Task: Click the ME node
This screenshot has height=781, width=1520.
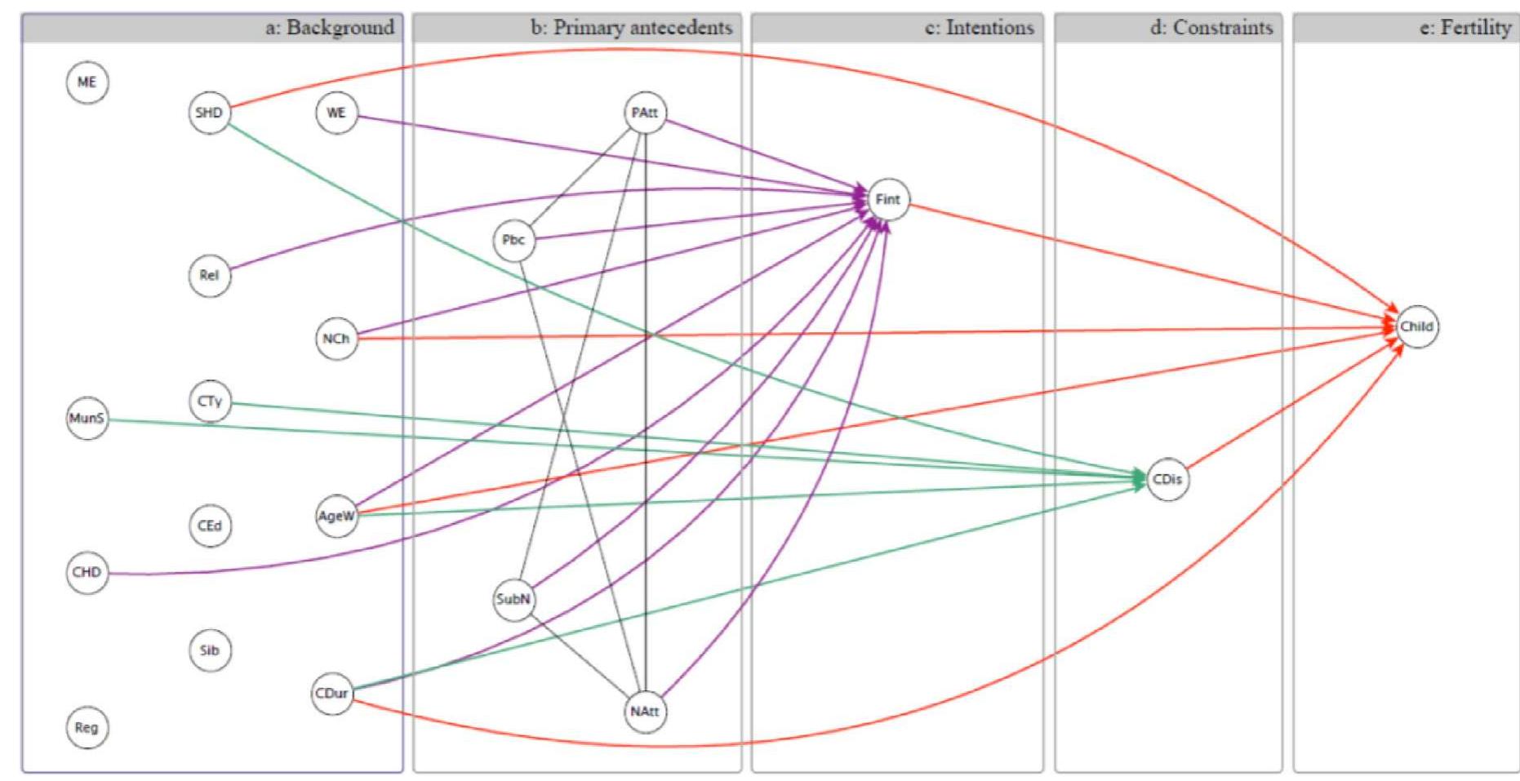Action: pyautogui.click(x=87, y=82)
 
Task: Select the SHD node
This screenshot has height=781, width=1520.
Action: pyautogui.click(x=209, y=113)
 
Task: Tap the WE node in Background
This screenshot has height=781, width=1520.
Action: pyautogui.click(x=336, y=113)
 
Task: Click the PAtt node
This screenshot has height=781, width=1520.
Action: pyautogui.click(x=645, y=113)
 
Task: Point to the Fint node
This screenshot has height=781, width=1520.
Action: pyautogui.click(x=887, y=199)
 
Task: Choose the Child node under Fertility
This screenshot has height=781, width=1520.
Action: pyautogui.click(x=1416, y=326)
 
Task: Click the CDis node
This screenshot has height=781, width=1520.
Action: pyautogui.click(x=1167, y=479)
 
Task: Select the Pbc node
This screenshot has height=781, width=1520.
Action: pyautogui.click(x=513, y=240)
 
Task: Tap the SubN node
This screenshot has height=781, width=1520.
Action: pyautogui.click(x=513, y=599)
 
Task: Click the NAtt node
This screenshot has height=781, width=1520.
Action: pyautogui.click(x=645, y=711)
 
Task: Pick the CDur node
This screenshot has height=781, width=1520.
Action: pyautogui.click(x=332, y=693)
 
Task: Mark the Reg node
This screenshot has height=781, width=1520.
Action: pyautogui.click(x=87, y=727)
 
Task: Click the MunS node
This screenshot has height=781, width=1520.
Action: pyautogui.click(x=87, y=418)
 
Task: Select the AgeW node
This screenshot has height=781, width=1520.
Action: pyautogui.click(x=336, y=516)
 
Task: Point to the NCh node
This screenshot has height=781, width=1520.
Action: pyautogui.click(x=336, y=338)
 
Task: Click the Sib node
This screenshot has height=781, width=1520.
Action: pyautogui.click(x=209, y=650)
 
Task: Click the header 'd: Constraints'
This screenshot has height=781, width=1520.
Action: pyautogui.click(x=1211, y=28)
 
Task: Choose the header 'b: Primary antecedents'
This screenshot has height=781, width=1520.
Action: pyautogui.click(x=631, y=28)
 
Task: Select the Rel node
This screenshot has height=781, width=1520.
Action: pyautogui.click(x=209, y=275)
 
